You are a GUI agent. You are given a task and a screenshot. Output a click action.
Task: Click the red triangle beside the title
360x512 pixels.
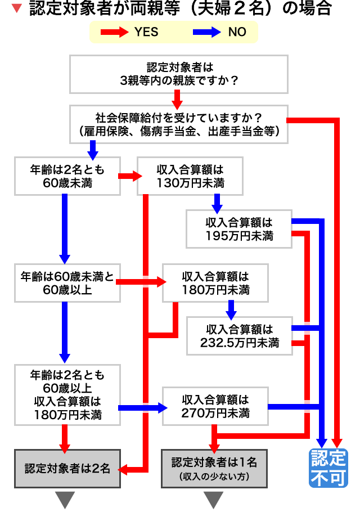17,8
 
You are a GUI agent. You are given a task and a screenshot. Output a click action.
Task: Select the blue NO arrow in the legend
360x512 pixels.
206,32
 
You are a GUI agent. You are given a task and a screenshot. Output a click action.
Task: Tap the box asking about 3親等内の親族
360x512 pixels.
179,74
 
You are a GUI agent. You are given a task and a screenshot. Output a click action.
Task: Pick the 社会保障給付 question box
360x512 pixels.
179,125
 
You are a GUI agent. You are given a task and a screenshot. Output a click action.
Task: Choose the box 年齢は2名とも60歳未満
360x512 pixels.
67,176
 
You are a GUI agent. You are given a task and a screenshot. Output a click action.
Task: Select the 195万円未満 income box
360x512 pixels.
239,228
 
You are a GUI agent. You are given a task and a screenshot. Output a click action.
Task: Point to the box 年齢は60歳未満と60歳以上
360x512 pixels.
67,284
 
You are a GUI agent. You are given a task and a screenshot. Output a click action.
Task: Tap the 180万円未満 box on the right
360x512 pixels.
215,284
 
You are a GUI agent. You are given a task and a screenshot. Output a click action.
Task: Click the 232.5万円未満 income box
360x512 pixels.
239,335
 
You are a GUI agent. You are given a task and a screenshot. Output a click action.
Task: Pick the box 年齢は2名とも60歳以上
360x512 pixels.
67,394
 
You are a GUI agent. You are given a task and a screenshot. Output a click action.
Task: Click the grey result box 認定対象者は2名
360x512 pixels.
67,468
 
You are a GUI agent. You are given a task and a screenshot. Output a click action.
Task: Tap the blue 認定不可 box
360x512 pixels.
328,468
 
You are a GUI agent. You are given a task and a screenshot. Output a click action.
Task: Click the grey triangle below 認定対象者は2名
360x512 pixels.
67,498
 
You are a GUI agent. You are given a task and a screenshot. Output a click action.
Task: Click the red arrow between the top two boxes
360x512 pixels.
179,100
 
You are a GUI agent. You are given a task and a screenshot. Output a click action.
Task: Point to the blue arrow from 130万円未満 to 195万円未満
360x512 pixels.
217,201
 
